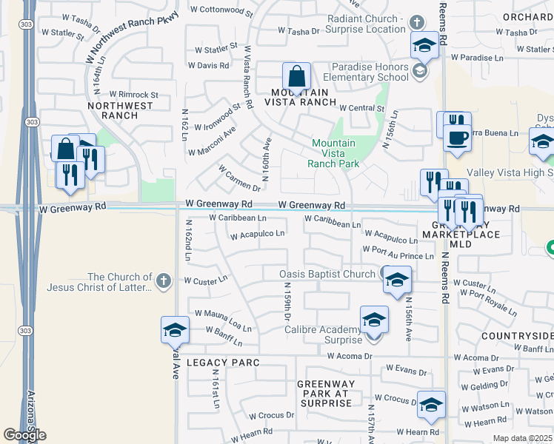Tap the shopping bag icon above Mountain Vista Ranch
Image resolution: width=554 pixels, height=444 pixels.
point(296,77)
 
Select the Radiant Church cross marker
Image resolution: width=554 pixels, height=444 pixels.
point(417,23)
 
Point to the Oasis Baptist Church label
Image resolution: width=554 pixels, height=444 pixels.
point(327,274)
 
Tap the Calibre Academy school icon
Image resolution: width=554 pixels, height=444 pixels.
point(374,320)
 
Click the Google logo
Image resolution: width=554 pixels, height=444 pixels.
point(24,435)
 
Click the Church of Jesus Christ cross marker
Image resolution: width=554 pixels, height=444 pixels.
point(164,281)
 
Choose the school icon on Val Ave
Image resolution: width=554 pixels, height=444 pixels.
point(175,330)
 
